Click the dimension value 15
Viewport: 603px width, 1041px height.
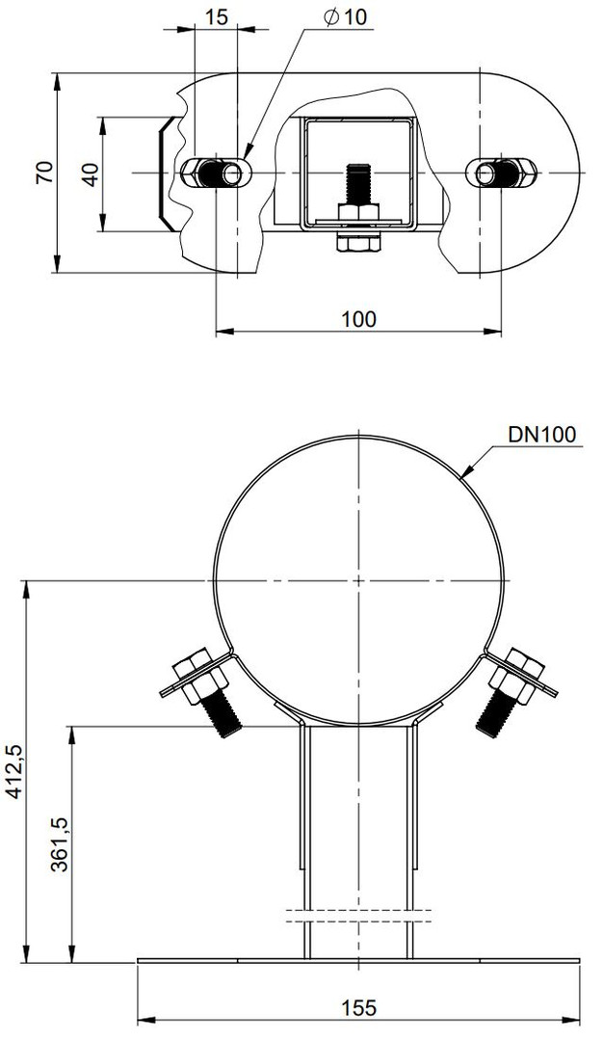[x=217, y=17]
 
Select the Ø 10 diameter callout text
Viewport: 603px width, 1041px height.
[x=346, y=17]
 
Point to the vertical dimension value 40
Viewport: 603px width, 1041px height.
[x=92, y=173]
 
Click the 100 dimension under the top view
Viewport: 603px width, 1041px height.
[x=358, y=319]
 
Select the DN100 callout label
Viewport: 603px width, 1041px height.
[x=542, y=435]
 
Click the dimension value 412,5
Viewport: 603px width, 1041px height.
[x=14, y=770]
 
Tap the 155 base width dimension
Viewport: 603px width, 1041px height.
[x=358, y=1008]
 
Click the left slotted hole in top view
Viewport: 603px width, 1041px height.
[x=217, y=173]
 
